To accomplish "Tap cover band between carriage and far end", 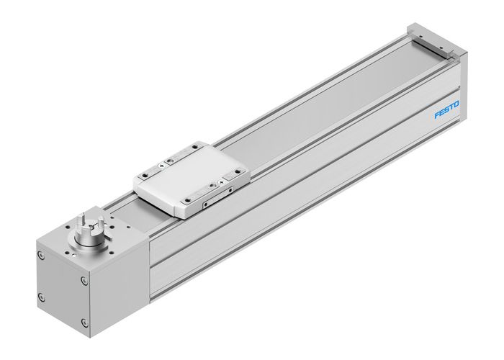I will click(324, 108).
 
